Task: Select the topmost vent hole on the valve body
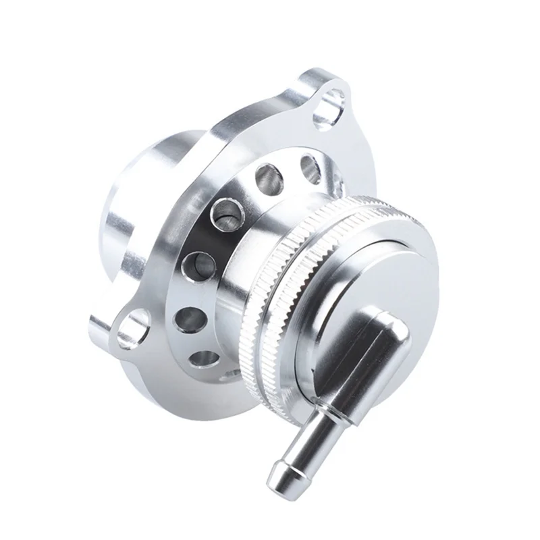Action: [x=307, y=164]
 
